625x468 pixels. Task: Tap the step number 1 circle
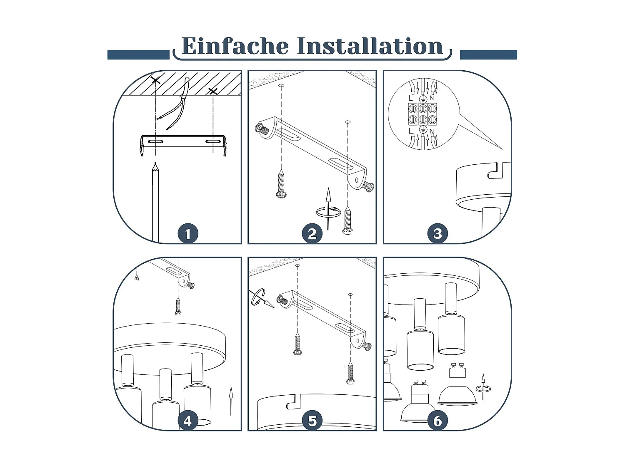pos(187,234)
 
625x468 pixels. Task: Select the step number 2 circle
pos(312,234)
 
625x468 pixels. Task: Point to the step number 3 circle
pos(437,234)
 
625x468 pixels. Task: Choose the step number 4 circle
pos(187,421)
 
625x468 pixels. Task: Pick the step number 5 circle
pos(312,421)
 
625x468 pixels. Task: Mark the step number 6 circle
pos(437,421)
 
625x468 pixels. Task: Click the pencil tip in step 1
pos(155,167)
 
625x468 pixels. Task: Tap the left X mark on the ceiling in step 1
pos(155,79)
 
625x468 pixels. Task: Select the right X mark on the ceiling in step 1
pos(213,91)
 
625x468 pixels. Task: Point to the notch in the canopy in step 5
pos(293,402)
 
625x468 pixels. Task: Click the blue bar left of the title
pos(138,55)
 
